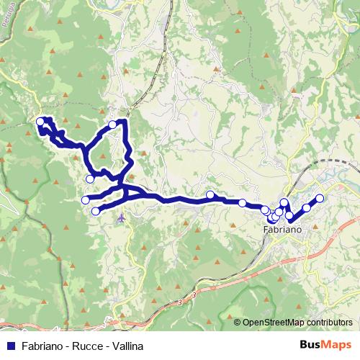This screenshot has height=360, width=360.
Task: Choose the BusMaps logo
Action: point(327,345)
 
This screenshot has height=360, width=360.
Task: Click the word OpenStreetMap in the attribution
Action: point(273,323)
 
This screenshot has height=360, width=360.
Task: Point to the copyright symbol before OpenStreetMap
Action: point(238,323)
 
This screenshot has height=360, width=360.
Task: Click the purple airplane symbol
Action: point(120,217)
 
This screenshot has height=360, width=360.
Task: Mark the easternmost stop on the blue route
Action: point(320,198)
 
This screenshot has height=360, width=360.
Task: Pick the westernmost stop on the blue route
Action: point(40,122)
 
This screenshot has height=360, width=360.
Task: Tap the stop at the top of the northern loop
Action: point(112,125)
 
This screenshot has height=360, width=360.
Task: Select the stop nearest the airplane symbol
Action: point(96,211)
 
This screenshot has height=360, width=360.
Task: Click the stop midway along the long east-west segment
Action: point(210,195)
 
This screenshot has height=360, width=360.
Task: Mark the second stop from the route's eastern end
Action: point(307,207)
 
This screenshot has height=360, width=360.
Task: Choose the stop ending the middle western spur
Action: point(85,200)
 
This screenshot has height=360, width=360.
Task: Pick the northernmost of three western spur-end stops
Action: point(90,179)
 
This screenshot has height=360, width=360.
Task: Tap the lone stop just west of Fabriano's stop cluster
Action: point(243,203)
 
